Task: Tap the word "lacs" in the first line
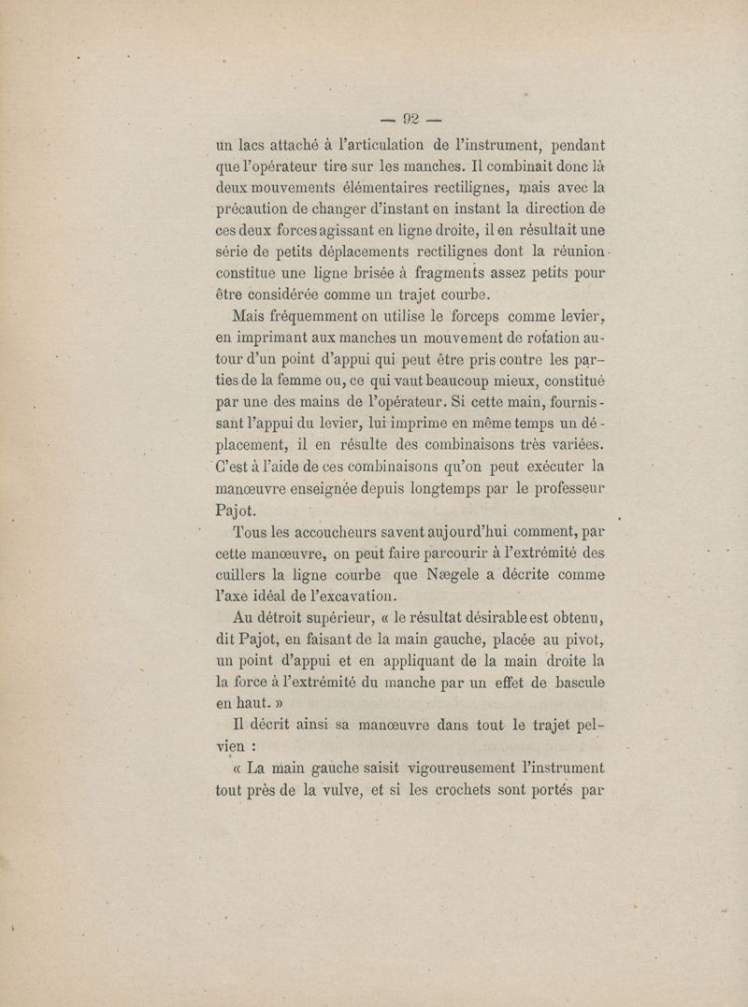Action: [257, 145]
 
